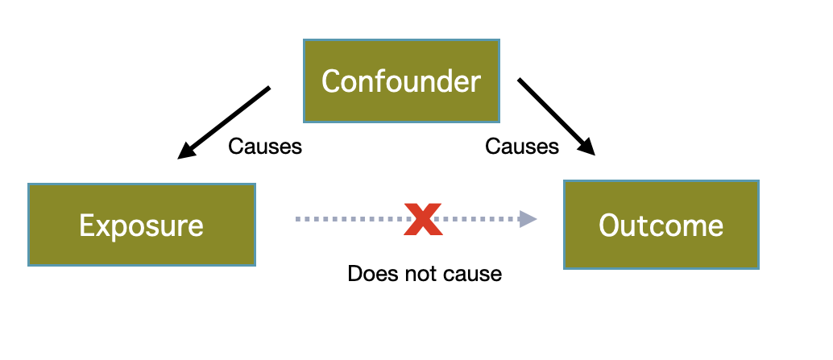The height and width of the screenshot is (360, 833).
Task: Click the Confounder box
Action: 401,81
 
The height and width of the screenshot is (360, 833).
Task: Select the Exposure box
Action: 142,225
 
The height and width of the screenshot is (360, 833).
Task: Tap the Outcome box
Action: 661,225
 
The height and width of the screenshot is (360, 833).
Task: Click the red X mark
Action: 422,219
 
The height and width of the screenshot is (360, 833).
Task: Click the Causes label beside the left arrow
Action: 265,147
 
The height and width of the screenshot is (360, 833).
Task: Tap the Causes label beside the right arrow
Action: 522,147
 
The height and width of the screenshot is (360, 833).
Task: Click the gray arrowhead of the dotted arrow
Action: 528,218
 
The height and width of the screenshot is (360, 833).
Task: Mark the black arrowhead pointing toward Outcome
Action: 586,147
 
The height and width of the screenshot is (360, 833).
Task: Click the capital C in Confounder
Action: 330,81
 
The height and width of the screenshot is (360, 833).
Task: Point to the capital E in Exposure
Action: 85,226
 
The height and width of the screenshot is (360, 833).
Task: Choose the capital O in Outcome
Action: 609,226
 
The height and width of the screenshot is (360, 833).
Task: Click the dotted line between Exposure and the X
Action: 346,218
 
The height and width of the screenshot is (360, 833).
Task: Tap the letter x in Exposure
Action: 102,227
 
